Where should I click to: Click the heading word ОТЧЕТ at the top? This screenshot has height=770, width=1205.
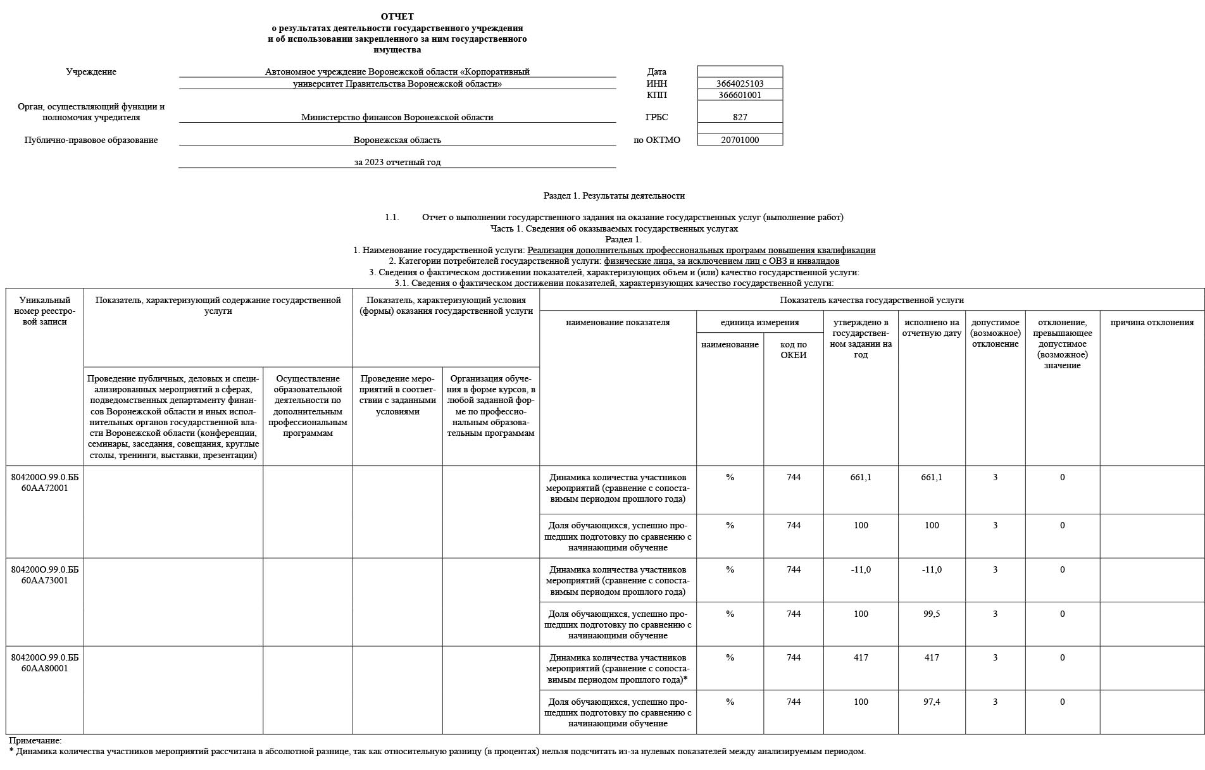tap(397, 16)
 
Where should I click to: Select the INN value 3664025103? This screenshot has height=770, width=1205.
tap(740, 84)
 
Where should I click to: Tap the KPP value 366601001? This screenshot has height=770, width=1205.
tap(740, 95)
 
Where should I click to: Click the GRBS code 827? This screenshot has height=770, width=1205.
tap(740, 117)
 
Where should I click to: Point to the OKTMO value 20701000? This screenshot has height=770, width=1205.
tap(740, 140)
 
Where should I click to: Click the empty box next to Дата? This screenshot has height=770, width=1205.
tap(740, 71)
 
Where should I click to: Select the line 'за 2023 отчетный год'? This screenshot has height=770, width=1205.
tap(397, 162)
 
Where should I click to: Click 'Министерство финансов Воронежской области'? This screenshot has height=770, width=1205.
tap(397, 117)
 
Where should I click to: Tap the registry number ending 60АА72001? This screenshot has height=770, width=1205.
tap(44, 483)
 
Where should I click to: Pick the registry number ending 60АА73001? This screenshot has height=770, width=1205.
tap(44, 575)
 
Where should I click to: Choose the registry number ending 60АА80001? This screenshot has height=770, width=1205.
tap(44, 663)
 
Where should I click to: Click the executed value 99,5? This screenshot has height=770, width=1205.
tap(932, 614)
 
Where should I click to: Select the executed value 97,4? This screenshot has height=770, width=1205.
tap(932, 702)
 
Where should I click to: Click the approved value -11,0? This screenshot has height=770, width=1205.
tap(861, 569)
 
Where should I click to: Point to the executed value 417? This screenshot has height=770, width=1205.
tap(932, 657)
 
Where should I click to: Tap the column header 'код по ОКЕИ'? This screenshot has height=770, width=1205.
tap(793, 350)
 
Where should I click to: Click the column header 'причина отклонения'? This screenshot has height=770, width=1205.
tap(1152, 322)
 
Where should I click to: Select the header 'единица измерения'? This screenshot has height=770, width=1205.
tap(759, 322)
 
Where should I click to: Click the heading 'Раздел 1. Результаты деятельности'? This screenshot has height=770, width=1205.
tap(614, 196)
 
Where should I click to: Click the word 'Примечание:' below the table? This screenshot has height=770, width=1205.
tap(35, 740)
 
